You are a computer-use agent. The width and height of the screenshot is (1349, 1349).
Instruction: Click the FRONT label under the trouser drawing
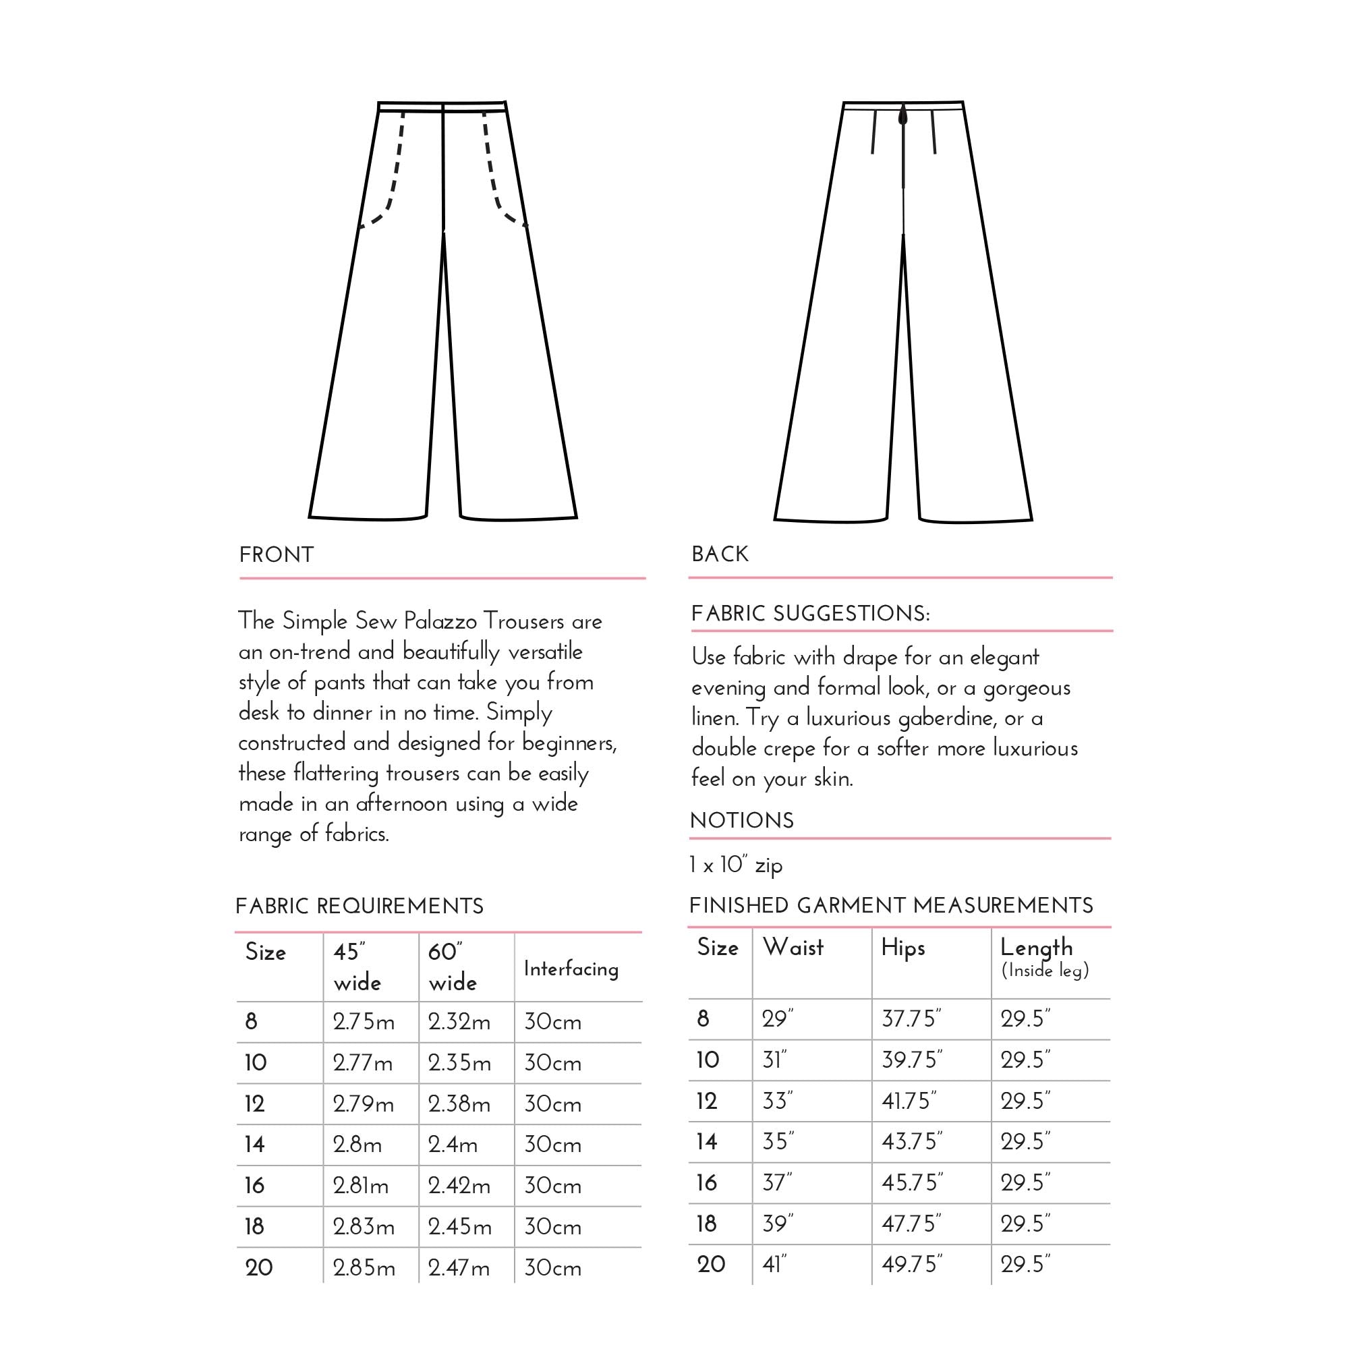277,555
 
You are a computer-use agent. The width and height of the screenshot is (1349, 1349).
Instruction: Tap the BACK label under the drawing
720,554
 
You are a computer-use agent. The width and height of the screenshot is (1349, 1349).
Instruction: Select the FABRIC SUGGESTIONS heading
810,614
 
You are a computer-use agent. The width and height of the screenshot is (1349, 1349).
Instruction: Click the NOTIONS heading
741,820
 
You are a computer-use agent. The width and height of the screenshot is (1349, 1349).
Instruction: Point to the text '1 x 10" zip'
736,865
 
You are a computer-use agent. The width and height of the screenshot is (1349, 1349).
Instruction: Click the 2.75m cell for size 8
363,1023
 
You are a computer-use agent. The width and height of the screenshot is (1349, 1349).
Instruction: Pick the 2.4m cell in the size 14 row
453,1145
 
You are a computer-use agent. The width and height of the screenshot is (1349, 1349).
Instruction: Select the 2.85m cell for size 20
364,1267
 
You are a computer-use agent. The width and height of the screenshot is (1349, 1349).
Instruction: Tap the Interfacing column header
571,969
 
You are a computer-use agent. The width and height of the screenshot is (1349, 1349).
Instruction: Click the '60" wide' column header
453,967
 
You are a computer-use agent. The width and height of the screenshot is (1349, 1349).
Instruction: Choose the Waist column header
793,948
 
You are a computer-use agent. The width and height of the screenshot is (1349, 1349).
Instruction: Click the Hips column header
903,948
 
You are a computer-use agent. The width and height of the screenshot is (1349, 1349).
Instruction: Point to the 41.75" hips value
909,1101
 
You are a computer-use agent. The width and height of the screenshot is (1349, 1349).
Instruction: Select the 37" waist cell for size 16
777,1183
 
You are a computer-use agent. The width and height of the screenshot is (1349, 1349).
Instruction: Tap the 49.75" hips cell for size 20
912,1265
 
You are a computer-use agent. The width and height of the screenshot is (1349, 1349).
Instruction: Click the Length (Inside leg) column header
1044,957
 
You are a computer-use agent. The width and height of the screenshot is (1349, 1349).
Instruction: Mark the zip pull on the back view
903,116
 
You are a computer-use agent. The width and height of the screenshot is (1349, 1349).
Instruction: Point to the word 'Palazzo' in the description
440,621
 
